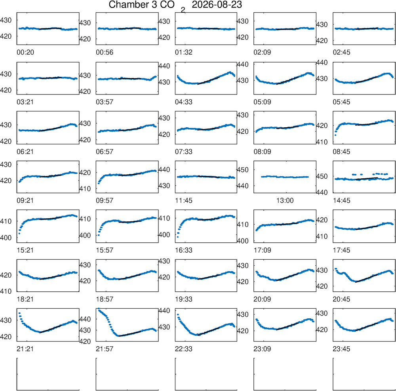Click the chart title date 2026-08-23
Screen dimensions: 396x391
(217, 4)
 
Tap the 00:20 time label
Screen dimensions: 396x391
(25, 53)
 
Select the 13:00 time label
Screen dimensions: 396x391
(285, 201)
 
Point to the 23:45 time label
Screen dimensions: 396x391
(341, 349)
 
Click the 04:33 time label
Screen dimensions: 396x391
(184, 102)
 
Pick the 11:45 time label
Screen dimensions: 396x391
(184, 201)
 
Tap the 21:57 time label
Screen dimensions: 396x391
(105, 349)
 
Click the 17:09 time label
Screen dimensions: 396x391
(263, 250)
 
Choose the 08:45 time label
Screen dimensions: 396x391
(341, 152)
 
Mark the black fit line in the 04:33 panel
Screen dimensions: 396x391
(208, 81)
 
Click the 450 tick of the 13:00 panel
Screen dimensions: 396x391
(242, 170)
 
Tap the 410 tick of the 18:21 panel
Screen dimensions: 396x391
(6, 291)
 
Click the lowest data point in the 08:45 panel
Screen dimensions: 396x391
(335, 135)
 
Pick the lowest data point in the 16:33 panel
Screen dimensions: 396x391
(178, 237)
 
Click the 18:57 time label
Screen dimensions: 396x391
(105, 300)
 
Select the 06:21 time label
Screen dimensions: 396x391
(25, 152)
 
